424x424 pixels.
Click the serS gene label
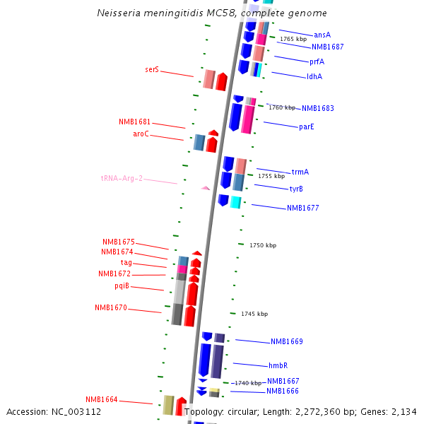152,70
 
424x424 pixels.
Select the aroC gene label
141,134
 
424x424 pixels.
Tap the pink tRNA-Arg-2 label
122,178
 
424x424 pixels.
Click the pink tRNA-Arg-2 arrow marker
206,188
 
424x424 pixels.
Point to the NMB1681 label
134,122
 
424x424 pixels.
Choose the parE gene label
306,127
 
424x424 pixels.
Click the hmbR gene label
278,365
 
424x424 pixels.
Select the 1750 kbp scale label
263,245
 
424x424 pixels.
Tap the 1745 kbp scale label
254,314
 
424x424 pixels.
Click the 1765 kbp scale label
293,39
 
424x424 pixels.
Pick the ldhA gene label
314,76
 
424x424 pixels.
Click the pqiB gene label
122,285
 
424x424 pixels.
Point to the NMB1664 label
102,399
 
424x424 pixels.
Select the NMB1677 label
302,208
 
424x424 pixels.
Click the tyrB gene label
296,189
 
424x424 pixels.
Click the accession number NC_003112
78,412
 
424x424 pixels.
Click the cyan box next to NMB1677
235,202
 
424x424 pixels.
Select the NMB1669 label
286,342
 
